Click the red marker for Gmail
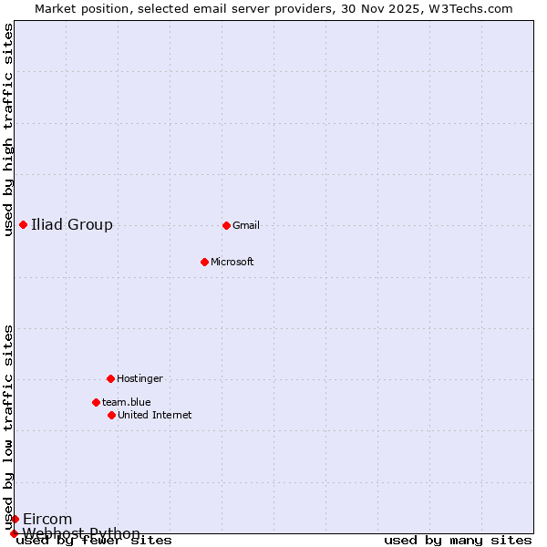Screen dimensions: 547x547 (226, 225)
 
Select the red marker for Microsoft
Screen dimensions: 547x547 (204, 262)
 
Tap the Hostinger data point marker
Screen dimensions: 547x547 (110, 378)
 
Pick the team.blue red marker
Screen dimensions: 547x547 (96, 402)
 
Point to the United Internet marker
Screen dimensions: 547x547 (111, 415)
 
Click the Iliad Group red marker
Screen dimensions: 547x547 (23, 224)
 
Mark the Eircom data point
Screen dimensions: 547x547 (15, 519)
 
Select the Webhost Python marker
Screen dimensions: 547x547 (14, 533)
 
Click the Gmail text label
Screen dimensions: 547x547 (246, 226)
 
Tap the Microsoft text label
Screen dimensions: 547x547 (232, 263)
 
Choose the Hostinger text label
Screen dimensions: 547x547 (139, 379)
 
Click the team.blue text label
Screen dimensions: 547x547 (127, 402)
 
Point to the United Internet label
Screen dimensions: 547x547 (155, 416)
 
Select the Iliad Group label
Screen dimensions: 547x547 (72, 225)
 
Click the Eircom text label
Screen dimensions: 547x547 (47, 520)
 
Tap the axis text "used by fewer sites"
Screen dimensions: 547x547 (95, 541)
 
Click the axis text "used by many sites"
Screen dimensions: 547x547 (458, 541)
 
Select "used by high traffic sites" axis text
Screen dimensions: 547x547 (9, 129)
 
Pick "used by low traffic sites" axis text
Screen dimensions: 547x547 (9, 427)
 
